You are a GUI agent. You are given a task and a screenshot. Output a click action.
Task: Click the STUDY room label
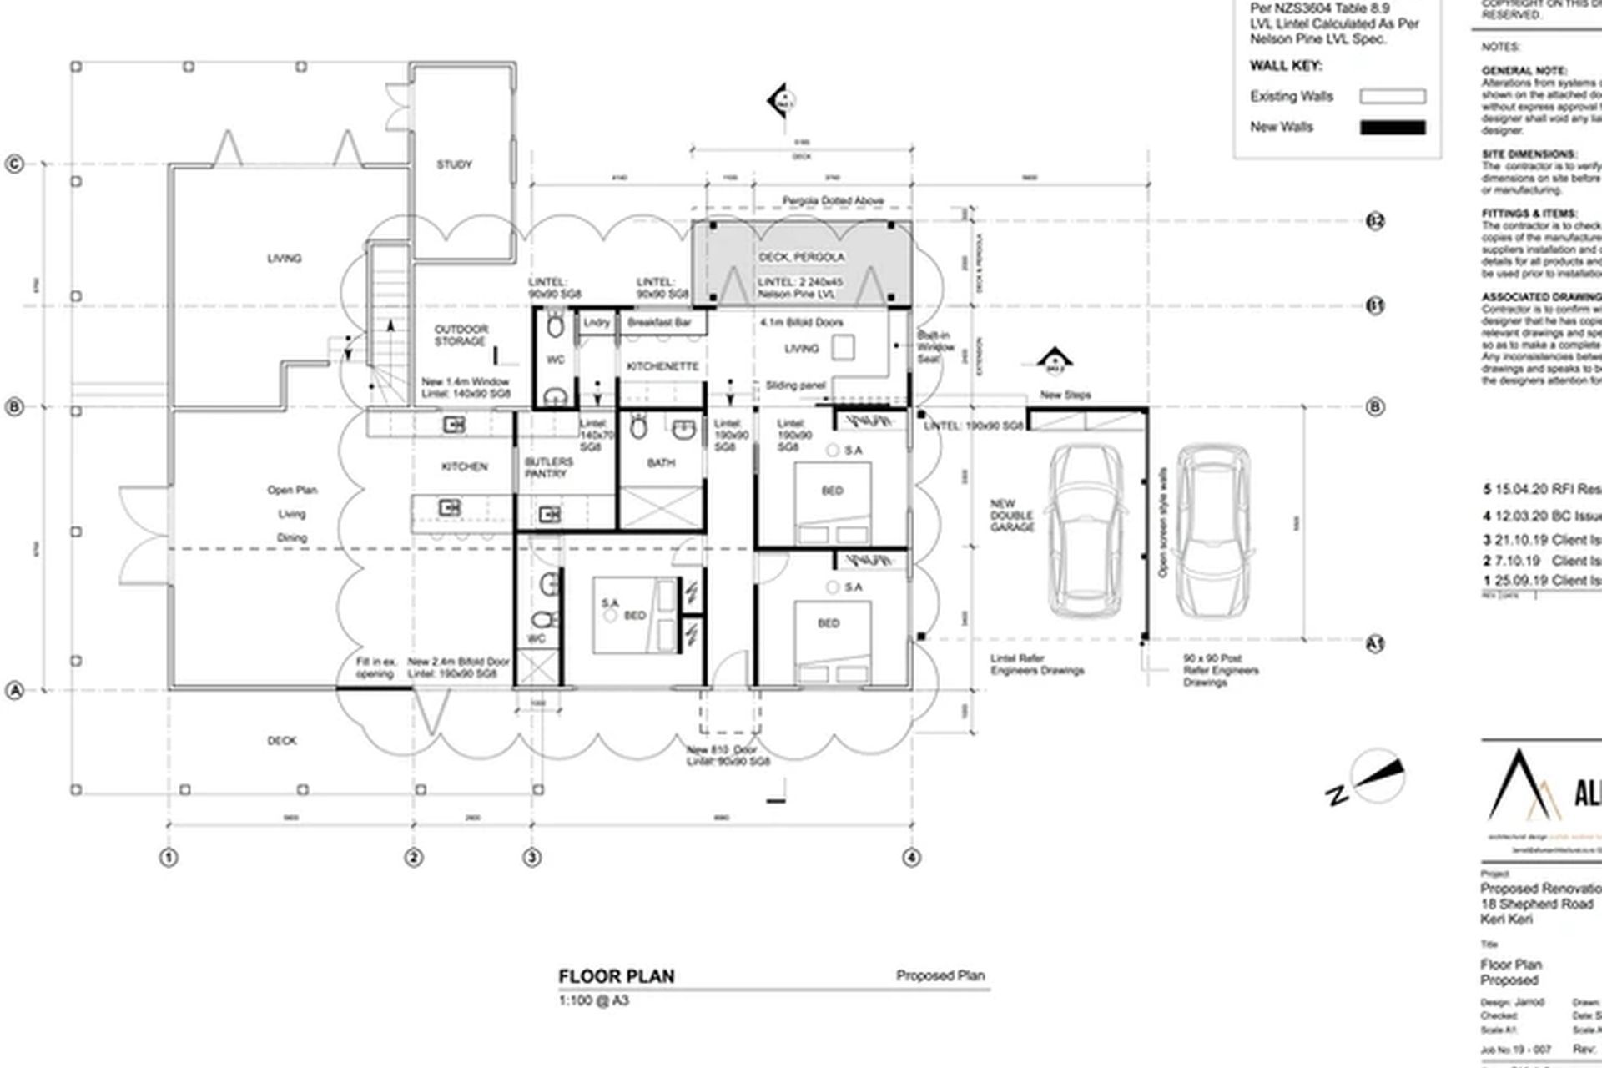(454, 164)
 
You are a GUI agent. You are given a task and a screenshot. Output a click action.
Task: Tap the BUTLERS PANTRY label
(548, 467)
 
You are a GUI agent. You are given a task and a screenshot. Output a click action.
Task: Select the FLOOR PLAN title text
(616, 976)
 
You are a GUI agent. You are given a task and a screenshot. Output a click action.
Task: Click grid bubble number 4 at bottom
(911, 857)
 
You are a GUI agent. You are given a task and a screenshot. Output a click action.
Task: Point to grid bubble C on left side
(14, 164)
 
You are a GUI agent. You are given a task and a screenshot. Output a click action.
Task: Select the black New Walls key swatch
(1393, 128)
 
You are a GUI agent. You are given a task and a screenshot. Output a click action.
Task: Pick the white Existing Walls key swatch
(1393, 97)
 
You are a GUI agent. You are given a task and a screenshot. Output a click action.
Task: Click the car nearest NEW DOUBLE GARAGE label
(1084, 531)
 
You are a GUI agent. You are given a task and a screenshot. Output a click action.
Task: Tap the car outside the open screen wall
(1213, 531)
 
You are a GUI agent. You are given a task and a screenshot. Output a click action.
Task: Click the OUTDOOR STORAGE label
(461, 335)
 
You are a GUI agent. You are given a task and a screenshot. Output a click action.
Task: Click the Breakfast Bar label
(659, 322)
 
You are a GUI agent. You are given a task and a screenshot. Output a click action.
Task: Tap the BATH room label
(661, 463)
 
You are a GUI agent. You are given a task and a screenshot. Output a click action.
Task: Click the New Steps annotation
(1065, 395)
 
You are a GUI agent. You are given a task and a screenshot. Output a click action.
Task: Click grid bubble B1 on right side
(1375, 306)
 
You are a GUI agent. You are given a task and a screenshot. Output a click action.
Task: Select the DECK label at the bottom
(281, 740)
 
